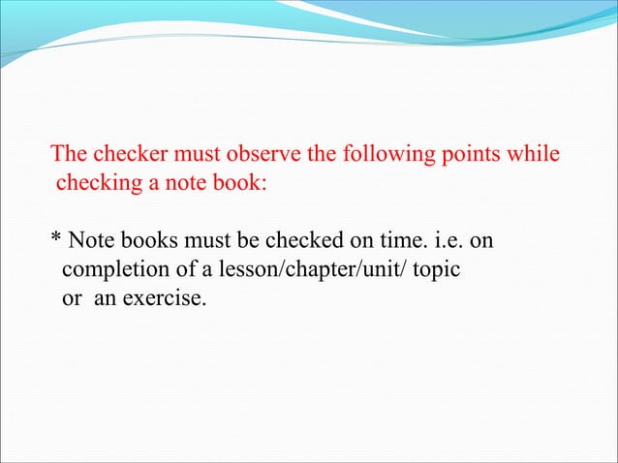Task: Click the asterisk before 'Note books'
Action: click(x=55, y=238)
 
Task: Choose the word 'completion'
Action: click(x=107, y=269)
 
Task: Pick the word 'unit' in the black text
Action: click(x=374, y=268)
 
